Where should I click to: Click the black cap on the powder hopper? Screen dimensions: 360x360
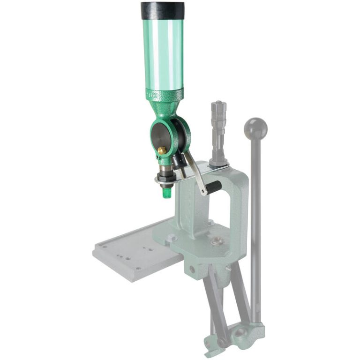click(x=163, y=10)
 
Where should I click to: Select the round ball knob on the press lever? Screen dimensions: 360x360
click(x=255, y=128)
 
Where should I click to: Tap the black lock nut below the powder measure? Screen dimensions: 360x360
click(x=165, y=179)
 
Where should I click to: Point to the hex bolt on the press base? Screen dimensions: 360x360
click(x=172, y=238)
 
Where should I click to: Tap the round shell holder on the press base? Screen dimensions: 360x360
click(x=216, y=241)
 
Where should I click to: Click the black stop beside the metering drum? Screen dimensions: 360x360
click(x=179, y=162)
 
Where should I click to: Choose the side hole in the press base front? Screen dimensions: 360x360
click(x=191, y=270)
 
